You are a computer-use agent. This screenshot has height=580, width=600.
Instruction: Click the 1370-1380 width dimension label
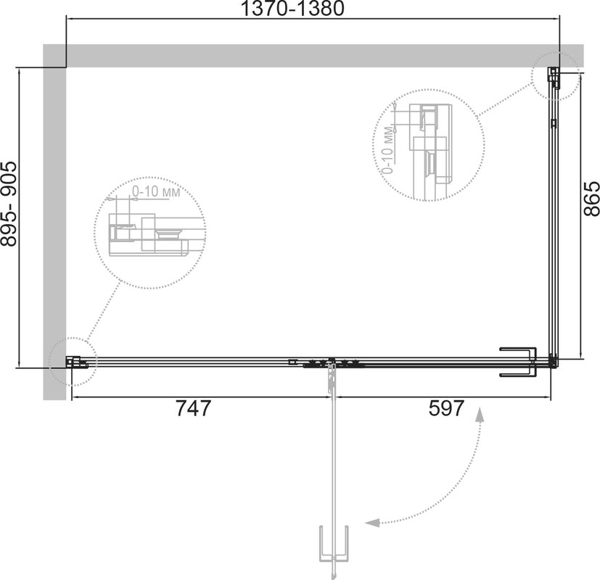tap(292, 9)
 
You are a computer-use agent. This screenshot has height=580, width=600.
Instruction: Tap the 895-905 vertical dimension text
tap(9, 204)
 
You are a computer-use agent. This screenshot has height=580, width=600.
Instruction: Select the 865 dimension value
tap(591, 198)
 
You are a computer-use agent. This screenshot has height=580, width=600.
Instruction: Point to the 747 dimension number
tap(193, 408)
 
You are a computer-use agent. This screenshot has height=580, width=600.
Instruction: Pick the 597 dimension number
tap(446, 408)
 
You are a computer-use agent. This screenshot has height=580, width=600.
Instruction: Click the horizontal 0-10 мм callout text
tap(156, 191)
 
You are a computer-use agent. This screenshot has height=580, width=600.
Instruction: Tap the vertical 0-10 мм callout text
tap(388, 150)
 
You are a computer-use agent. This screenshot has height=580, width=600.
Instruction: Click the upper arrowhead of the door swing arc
tap(480, 415)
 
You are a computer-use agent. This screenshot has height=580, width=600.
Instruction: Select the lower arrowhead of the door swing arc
tap(372, 522)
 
